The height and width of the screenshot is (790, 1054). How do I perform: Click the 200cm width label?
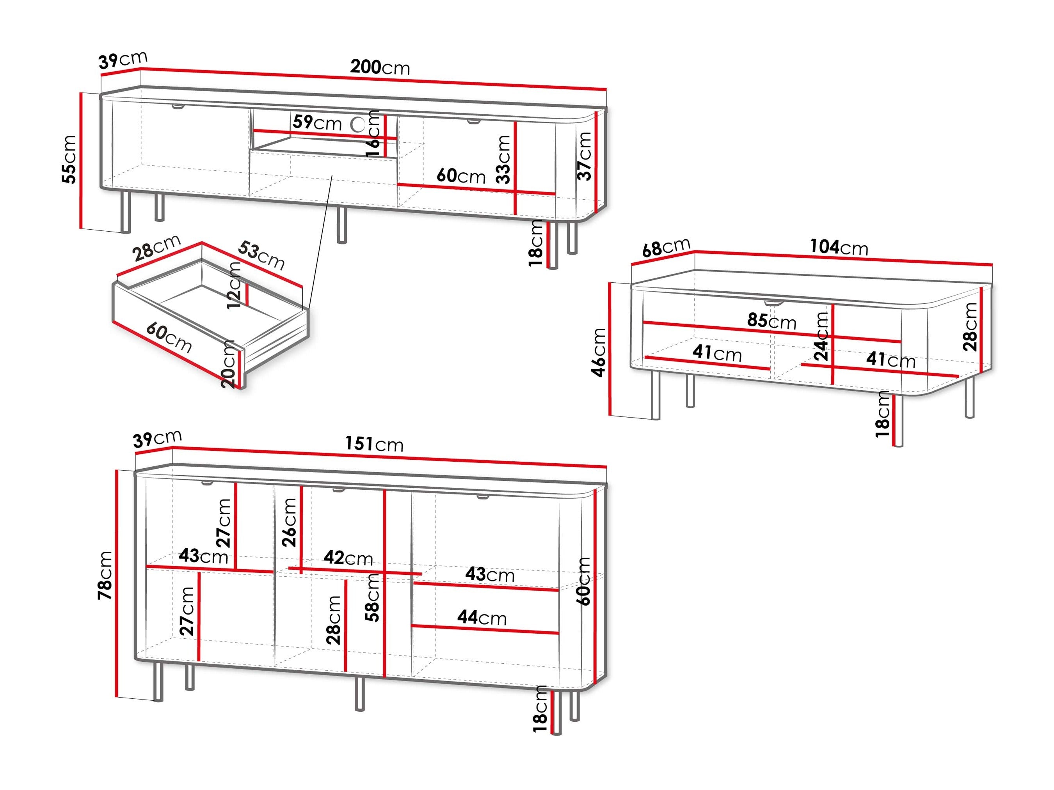pyautogui.click(x=380, y=67)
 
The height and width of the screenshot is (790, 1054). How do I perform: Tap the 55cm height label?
pyautogui.click(x=69, y=159)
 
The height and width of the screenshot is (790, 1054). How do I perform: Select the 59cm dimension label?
pyautogui.click(x=317, y=122)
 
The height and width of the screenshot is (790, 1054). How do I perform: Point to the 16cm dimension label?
pyautogui.click(x=373, y=133)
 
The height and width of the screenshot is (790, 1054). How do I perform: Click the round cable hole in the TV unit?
pyautogui.click(x=358, y=124)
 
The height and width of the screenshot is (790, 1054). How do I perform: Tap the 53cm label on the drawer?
pyautogui.click(x=261, y=255)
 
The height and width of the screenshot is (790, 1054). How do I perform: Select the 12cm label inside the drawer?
pyautogui.click(x=234, y=285)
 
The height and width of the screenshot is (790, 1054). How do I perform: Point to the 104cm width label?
pyautogui.click(x=839, y=247)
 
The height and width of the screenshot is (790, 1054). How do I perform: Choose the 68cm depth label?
pyautogui.click(x=666, y=247)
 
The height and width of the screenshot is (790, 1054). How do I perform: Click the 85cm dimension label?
pyautogui.click(x=771, y=321)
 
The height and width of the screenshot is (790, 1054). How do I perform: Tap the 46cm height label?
pyautogui.click(x=599, y=352)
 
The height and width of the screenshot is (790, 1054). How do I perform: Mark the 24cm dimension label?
pyautogui.click(x=821, y=336)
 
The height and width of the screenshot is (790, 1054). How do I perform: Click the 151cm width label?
pyautogui.click(x=374, y=444)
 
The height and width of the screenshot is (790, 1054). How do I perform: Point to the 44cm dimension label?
pyautogui.click(x=482, y=618)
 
